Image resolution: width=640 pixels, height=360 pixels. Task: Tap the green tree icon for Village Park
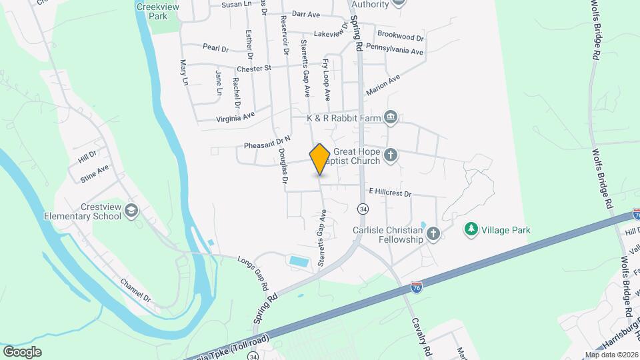[x=471, y=229]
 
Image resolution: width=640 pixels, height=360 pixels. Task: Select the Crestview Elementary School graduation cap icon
[x=131, y=211]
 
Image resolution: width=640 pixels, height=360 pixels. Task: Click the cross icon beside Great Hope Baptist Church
[x=391, y=157]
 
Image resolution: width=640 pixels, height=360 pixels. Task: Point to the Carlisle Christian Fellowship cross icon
[x=433, y=233]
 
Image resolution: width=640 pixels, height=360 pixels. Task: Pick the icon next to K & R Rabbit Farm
[x=391, y=118]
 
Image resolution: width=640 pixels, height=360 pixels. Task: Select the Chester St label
[x=254, y=68]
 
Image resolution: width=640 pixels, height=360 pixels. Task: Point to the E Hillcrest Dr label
[x=390, y=193]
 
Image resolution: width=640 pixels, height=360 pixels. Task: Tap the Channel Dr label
[x=137, y=291]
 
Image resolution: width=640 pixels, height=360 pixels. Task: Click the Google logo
[x=23, y=351]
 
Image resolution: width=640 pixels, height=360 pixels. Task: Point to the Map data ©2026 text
[x=611, y=355]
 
